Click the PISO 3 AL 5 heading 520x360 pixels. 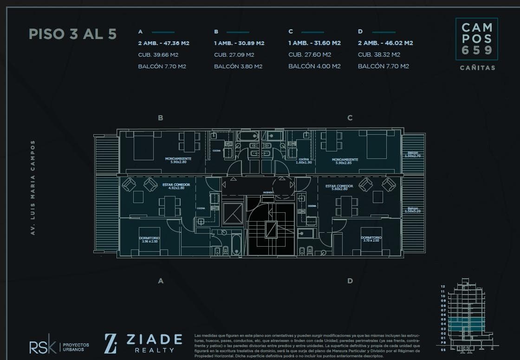(72, 34)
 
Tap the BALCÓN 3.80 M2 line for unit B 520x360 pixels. (238, 66)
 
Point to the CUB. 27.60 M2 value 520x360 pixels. (314, 55)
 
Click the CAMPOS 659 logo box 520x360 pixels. (477, 39)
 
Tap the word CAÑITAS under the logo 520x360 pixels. (477, 68)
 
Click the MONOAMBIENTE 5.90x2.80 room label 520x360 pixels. (178, 161)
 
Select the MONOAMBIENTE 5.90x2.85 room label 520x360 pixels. (344, 162)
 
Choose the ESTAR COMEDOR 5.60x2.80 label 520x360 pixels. (339, 188)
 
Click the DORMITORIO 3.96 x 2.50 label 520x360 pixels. (149, 240)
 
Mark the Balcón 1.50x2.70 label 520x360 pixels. (413, 154)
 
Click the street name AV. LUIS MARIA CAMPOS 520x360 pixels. (33, 188)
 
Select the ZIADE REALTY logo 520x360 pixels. (143, 343)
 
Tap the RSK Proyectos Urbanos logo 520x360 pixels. (59, 347)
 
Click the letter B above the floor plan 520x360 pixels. (161, 118)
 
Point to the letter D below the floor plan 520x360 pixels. (350, 281)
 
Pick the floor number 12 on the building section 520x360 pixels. (443, 287)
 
